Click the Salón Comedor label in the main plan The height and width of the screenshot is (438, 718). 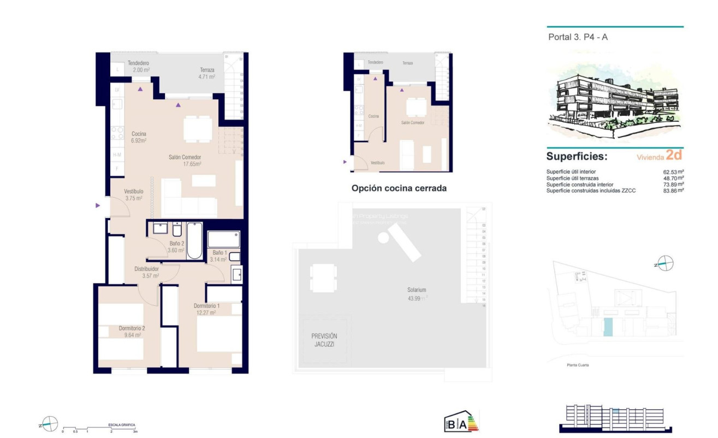click(185, 161)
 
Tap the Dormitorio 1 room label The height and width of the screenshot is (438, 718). click(206, 309)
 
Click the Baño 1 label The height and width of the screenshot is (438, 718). click(219, 256)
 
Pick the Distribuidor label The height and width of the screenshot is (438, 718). click(147, 272)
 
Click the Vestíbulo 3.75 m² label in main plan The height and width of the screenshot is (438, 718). click(133, 195)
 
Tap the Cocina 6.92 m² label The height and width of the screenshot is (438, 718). click(139, 137)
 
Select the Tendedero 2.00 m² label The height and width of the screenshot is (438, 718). click(138, 67)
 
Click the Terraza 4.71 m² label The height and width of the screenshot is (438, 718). click(207, 73)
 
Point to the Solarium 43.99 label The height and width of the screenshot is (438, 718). click(416, 293)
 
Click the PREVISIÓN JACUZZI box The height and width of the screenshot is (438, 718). click(324, 340)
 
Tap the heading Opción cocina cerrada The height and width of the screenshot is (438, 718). click(399, 188)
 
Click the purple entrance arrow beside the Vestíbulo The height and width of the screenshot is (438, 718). click(98, 205)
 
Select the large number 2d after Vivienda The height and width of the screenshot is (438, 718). click(674, 155)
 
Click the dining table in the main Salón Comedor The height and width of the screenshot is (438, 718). click(198, 129)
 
